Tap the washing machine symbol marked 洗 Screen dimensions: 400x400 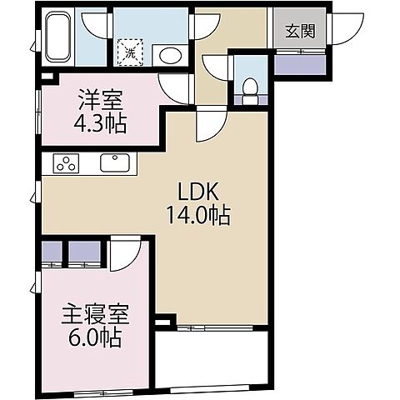click(130, 52)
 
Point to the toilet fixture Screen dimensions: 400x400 click(247, 87)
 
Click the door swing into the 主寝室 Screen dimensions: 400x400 click(124, 254)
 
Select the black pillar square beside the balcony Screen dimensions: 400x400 click(163, 320)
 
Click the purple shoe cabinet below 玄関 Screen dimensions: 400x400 click(300, 62)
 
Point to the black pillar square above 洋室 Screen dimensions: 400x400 click(46, 79)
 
